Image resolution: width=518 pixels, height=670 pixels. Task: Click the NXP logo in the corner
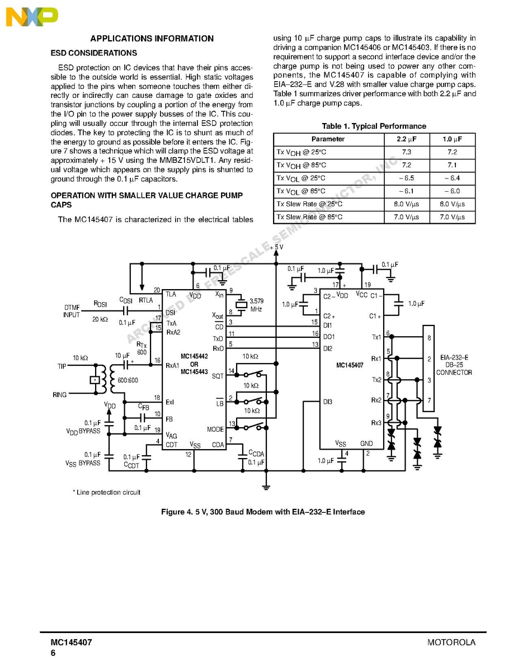pos(31,17)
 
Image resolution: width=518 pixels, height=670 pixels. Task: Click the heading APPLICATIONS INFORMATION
pos(152,39)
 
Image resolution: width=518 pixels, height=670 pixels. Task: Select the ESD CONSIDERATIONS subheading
pos(93,53)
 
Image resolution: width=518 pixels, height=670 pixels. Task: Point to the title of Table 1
pos(374,126)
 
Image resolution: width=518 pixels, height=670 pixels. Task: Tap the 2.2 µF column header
pos(406,139)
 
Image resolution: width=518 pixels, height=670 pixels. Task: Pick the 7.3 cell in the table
pos(406,152)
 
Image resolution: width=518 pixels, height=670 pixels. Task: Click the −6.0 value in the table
pos(451,191)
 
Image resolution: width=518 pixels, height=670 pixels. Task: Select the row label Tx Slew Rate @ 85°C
pos(309,217)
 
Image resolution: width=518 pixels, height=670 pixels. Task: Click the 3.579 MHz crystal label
pos(256,305)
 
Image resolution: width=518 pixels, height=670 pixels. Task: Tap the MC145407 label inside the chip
pos(350,365)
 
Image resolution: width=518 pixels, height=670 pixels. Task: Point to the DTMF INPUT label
pos(72,311)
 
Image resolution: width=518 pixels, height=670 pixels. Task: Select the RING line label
pos(60,395)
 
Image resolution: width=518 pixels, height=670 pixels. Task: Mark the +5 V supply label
pos(276,247)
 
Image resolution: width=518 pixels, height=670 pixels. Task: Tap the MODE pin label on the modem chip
pos(215,430)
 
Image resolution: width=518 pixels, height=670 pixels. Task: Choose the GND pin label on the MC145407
pos(366,444)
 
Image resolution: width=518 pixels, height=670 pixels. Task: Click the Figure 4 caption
pos(262,512)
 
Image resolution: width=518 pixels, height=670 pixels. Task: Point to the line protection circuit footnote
pos(106,492)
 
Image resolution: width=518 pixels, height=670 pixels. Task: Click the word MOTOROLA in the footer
pos(451,643)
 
